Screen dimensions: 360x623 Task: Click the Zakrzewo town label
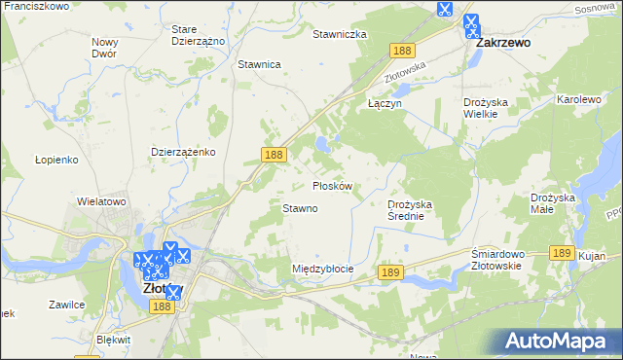(x=501, y=45)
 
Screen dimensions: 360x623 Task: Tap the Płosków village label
(x=338, y=185)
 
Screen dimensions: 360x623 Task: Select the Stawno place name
(x=300, y=208)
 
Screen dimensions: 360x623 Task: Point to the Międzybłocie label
(x=322, y=268)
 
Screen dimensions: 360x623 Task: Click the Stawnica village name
(x=259, y=64)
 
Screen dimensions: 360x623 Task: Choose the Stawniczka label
(x=339, y=34)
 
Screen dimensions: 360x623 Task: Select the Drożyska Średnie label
(x=416, y=210)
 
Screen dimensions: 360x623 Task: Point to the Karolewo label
(x=579, y=100)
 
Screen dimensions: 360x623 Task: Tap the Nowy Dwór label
(x=104, y=48)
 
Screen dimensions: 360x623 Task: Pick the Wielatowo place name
(x=102, y=201)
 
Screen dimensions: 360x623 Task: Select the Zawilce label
(x=66, y=305)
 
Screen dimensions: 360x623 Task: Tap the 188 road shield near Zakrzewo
(x=400, y=50)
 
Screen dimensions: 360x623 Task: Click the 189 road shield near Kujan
(x=559, y=252)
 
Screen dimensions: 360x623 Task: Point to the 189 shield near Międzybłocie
(x=390, y=274)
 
